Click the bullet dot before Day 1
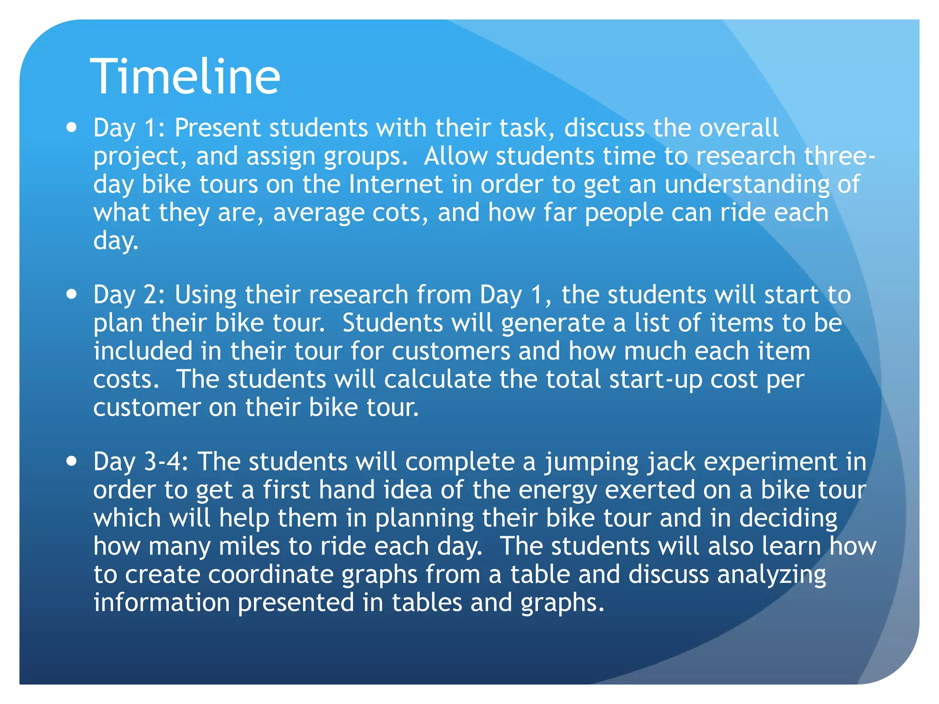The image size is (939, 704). pos(72,127)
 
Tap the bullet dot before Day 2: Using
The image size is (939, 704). pos(72,294)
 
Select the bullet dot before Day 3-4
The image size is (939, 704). pos(72,461)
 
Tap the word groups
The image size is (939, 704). pos(365,157)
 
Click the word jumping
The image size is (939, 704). pos(591,462)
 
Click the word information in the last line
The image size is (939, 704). pos(161,602)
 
